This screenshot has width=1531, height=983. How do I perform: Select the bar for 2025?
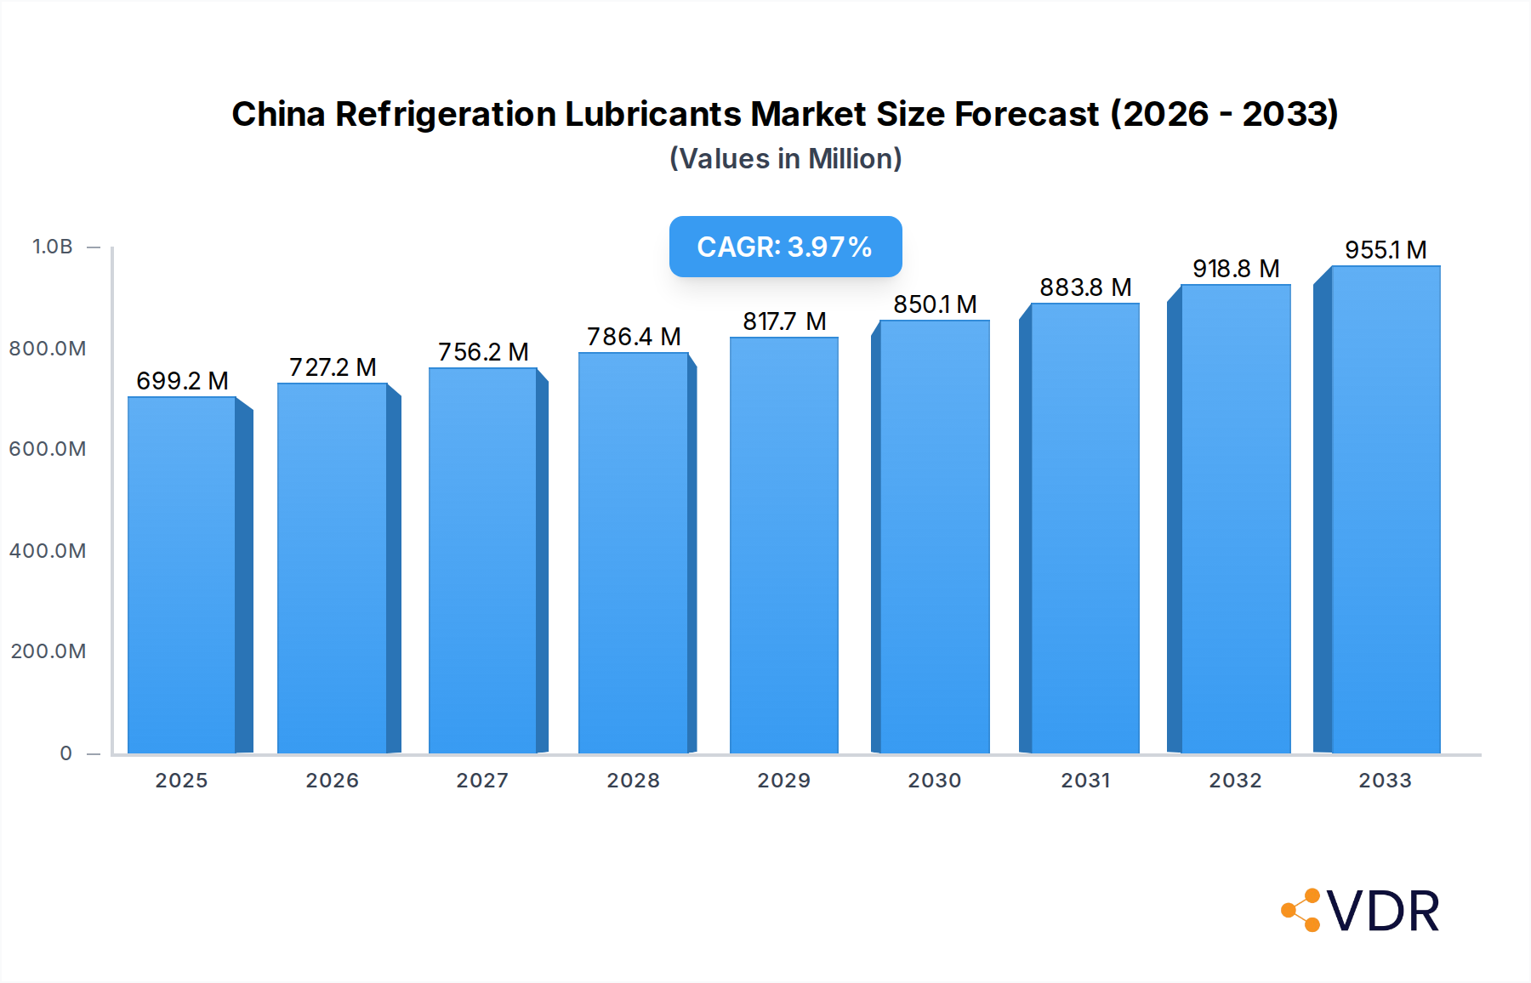click(182, 575)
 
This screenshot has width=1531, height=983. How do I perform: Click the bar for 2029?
click(783, 545)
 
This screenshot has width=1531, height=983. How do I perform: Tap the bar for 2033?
click(1386, 509)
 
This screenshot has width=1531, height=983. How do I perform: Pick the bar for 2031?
click(1084, 528)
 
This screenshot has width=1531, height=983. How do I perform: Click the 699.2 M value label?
click(182, 381)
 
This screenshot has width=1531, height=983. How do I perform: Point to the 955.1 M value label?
click(1386, 250)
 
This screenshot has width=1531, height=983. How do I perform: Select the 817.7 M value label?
click(784, 321)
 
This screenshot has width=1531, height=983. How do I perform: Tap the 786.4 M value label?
click(634, 337)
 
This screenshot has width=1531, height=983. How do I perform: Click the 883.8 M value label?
click(1085, 287)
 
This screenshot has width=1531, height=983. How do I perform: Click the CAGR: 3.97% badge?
click(785, 247)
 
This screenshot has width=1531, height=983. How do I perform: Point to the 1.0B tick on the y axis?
click(53, 247)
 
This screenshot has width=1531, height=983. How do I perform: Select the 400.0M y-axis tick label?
click(48, 551)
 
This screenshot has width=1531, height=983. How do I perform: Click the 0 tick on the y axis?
click(65, 753)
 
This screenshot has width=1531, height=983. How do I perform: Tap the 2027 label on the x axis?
click(482, 781)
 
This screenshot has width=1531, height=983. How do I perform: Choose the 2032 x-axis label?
click(1235, 781)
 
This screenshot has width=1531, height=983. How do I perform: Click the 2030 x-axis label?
click(934, 781)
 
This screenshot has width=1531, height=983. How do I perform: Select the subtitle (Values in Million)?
click(785, 159)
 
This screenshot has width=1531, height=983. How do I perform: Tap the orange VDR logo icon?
click(1301, 910)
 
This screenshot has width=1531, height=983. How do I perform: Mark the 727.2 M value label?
click(333, 367)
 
